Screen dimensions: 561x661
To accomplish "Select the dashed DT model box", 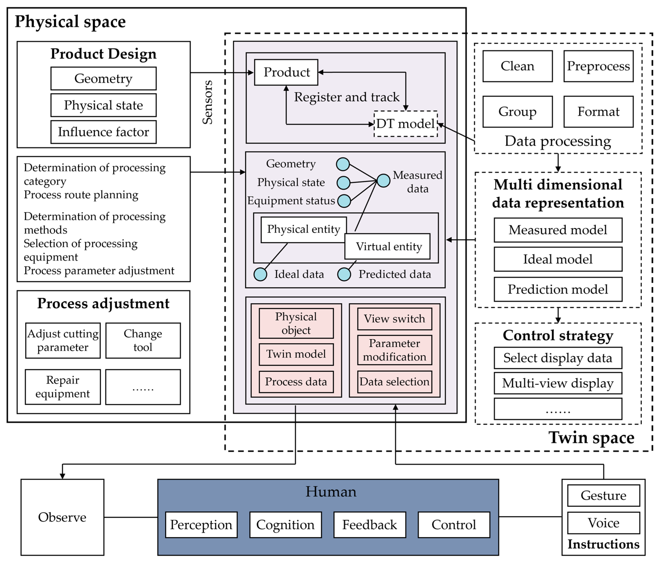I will click(x=406, y=124).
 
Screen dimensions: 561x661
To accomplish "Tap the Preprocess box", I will click(x=598, y=66).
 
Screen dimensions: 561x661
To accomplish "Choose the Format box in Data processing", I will click(x=598, y=112).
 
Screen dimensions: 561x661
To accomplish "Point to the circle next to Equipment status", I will click(x=344, y=201).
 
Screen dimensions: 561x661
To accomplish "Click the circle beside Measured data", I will click(x=383, y=181).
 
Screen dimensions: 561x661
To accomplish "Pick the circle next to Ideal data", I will click(x=260, y=274).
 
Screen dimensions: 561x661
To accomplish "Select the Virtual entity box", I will click(x=388, y=246).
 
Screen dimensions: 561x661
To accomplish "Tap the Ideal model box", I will click(x=558, y=259).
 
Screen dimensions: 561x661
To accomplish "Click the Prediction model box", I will click(x=558, y=289).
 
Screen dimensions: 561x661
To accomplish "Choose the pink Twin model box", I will click(x=296, y=354).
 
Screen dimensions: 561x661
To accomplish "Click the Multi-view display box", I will click(x=558, y=383).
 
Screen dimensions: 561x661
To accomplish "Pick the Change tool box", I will click(x=143, y=340).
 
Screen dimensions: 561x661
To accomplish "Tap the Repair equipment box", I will click(x=63, y=387).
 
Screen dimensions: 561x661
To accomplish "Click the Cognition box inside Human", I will click(x=285, y=525).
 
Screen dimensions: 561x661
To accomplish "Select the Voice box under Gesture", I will click(x=603, y=523).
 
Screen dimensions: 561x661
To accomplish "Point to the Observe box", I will click(x=62, y=517).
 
